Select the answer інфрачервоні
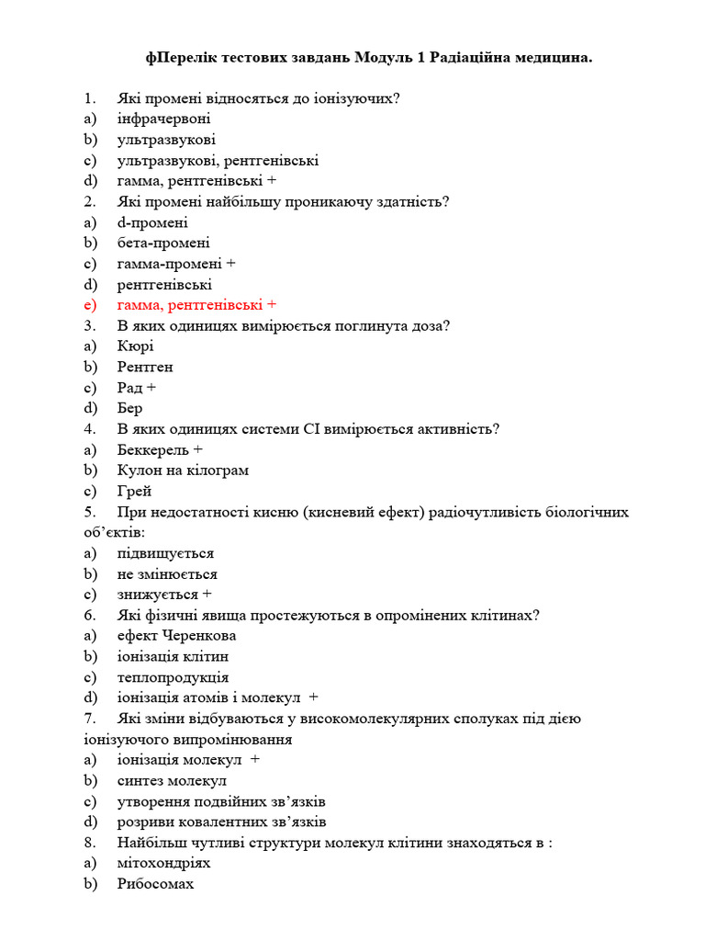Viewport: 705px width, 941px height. point(163,119)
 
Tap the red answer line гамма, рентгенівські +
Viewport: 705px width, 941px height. point(196,305)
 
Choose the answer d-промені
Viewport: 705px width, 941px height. point(152,222)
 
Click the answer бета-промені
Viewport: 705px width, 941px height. point(163,244)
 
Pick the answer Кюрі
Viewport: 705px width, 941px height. point(136,346)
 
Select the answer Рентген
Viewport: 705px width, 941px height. point(145,367)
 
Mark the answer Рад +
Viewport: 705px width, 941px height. point(137,388)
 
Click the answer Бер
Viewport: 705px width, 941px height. point(130,408)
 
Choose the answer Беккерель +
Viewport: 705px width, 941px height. point(160,449)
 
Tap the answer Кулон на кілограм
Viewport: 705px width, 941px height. point(183,470)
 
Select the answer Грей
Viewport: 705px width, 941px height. point(134,491)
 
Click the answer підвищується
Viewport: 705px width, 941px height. point(165,553)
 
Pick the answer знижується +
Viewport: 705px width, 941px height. point(164,595)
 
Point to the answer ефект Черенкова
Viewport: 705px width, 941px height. point(176,636)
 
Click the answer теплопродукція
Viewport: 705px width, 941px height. point(173,677)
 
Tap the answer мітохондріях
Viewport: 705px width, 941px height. point(163,864)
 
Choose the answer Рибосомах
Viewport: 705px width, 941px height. point(155,884)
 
